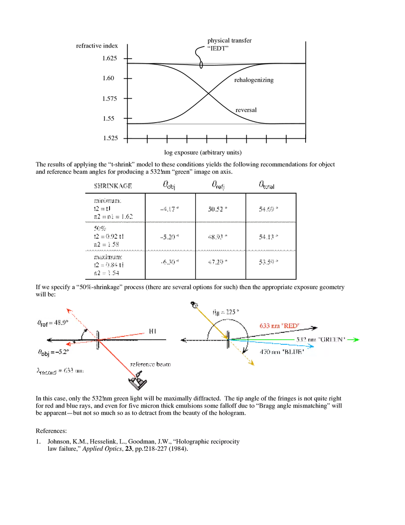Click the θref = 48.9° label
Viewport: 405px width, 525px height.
tap(52, 323)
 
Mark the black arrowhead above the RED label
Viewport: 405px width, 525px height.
tap(314, 328)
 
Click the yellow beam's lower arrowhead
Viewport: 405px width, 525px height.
tap(253, 364)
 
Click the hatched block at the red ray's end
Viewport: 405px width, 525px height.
tap(138, 382)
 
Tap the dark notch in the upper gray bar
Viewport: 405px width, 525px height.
tap(201, 62)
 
